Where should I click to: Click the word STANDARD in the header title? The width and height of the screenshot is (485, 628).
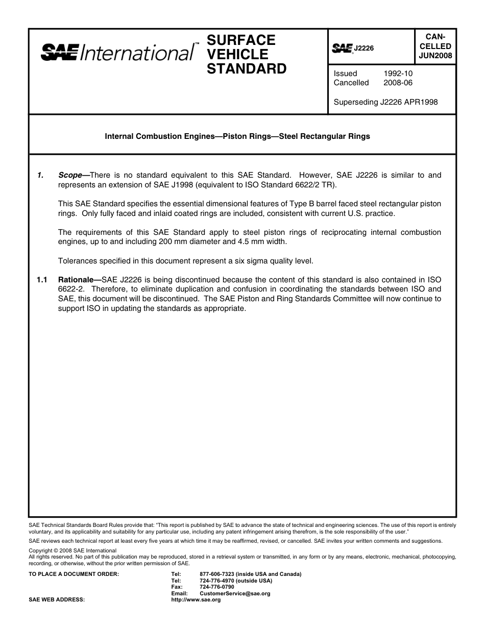tap(247, 69)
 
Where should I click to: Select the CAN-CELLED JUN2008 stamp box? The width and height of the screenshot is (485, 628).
tap(435, 46)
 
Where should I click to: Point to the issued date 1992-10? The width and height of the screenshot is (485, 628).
tap(398, 74)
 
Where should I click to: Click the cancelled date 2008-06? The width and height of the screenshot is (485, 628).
tap(398, 83)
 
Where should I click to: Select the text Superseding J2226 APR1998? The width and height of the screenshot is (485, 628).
tap(385, 102)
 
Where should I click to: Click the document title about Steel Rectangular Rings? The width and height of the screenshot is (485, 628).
tap(237, 136)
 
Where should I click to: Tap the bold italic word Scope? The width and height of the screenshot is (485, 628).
tap(70, 175)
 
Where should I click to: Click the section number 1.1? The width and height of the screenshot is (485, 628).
tap(42, 280)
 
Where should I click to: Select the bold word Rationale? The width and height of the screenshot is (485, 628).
tap(78, 280)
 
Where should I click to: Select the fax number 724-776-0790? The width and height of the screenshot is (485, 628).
tap(217, 587)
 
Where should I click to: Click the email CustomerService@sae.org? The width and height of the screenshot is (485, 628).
tap(235, 594)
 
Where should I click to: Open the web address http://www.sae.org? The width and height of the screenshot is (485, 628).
tap(196, 600)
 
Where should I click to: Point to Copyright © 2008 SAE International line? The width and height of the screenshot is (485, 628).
tap(72, 550)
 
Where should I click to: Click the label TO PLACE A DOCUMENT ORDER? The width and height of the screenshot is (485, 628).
tap(74, 574)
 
